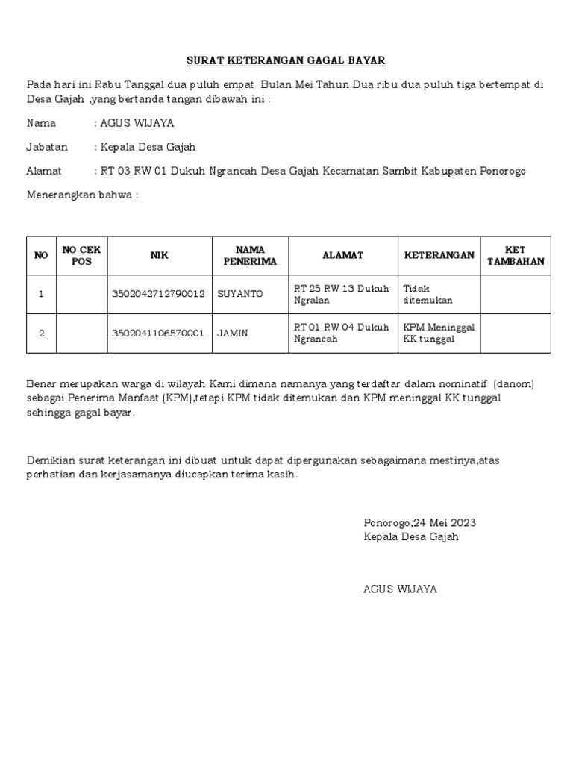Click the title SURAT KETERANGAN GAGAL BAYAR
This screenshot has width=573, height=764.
tap(286, 60)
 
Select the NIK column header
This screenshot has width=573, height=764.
tap(159, 255)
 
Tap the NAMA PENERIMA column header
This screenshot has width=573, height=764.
tap(250, 255)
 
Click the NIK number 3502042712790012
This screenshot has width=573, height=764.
tap(158, 294)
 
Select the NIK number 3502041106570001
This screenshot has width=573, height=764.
tap(158, 333)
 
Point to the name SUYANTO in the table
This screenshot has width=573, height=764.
tap(240, 294)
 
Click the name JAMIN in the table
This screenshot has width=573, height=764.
tap(232, 333)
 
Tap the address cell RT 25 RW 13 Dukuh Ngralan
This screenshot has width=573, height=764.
tap(342, 294)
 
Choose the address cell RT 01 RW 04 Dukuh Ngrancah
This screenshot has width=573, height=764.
tap(342, 333)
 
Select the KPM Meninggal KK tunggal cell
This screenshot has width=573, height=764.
tap(439, 333)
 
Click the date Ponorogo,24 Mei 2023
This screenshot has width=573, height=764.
tap(419, 522)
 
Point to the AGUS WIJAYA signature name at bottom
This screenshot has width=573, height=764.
tap(400, 589)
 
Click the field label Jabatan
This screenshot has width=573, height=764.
tap(47, 147)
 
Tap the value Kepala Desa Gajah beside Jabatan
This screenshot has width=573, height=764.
tap(148, 147)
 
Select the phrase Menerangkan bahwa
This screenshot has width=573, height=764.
tap(82, 195)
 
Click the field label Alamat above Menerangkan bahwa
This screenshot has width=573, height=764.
tap(44, 171)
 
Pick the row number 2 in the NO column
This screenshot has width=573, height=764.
tap(41, 333)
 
